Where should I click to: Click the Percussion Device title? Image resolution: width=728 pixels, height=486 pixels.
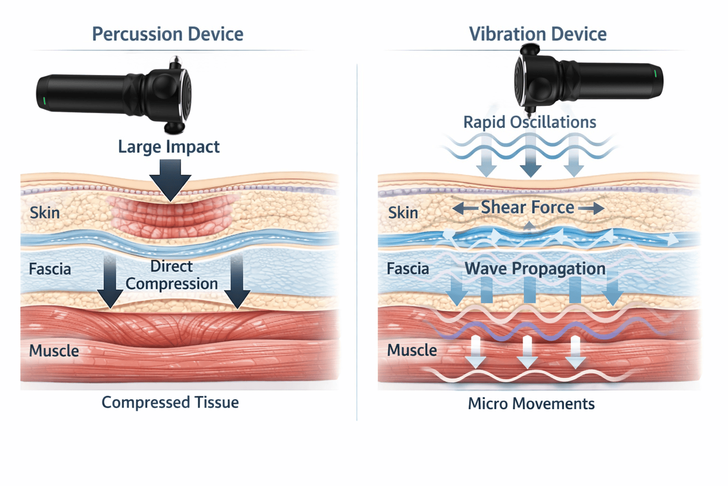click(167, 34)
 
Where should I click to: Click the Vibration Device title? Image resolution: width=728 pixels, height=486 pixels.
click(537, 34)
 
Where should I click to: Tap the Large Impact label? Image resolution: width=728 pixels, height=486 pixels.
click(168, 147)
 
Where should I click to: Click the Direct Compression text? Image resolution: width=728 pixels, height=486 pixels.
click(172, 275)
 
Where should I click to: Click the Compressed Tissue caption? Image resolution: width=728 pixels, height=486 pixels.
click(170, 402)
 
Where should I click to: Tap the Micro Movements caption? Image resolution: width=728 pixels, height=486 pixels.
click(531, 404)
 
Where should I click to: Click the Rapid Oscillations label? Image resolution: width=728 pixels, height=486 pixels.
click(529, 122)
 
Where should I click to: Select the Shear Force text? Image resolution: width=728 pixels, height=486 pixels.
click(527, 207)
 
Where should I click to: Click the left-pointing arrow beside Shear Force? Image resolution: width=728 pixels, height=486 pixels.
click(464, 208)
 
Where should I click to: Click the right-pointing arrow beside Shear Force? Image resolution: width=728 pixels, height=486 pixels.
click(591, 208)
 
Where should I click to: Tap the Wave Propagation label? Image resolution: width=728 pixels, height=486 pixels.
click(535, 269)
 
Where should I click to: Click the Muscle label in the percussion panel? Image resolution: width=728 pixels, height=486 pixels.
click(54, 351)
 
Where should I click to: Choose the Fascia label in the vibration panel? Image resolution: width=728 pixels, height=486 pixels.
click(408, 269)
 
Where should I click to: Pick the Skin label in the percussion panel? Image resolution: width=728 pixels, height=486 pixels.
click(45, 213)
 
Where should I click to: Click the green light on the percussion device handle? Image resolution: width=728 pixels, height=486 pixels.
click(44, 101)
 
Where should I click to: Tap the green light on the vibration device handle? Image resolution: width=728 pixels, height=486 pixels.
click(655, 74)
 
